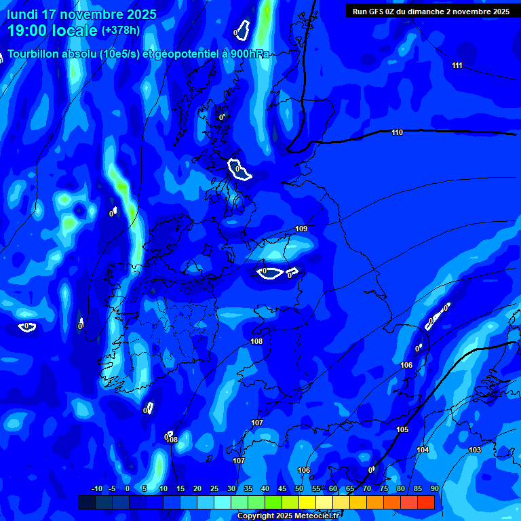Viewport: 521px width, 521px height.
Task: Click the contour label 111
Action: pos(457,65)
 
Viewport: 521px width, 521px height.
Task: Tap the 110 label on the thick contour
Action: pos(397,132)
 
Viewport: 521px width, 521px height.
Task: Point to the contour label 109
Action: pos(301,229)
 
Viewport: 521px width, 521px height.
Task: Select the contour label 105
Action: pos(402,429)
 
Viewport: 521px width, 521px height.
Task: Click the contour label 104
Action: pos(423,450)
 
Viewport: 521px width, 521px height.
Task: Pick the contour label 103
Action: pos(475,450)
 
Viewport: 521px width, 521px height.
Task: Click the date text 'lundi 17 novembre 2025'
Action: pos(81,14)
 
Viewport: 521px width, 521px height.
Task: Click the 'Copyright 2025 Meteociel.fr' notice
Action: pos(288,516)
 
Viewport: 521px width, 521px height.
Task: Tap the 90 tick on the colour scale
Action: pos(434,488)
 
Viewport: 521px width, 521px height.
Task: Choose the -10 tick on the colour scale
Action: pos(96,488)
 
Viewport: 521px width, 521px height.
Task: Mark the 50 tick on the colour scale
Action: pos(299,488)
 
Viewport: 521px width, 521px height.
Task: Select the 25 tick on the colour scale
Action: pos(214,488)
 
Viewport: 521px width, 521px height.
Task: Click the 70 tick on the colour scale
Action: pos(366,488)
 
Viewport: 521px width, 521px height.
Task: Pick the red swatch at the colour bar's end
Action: pos(425,502)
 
